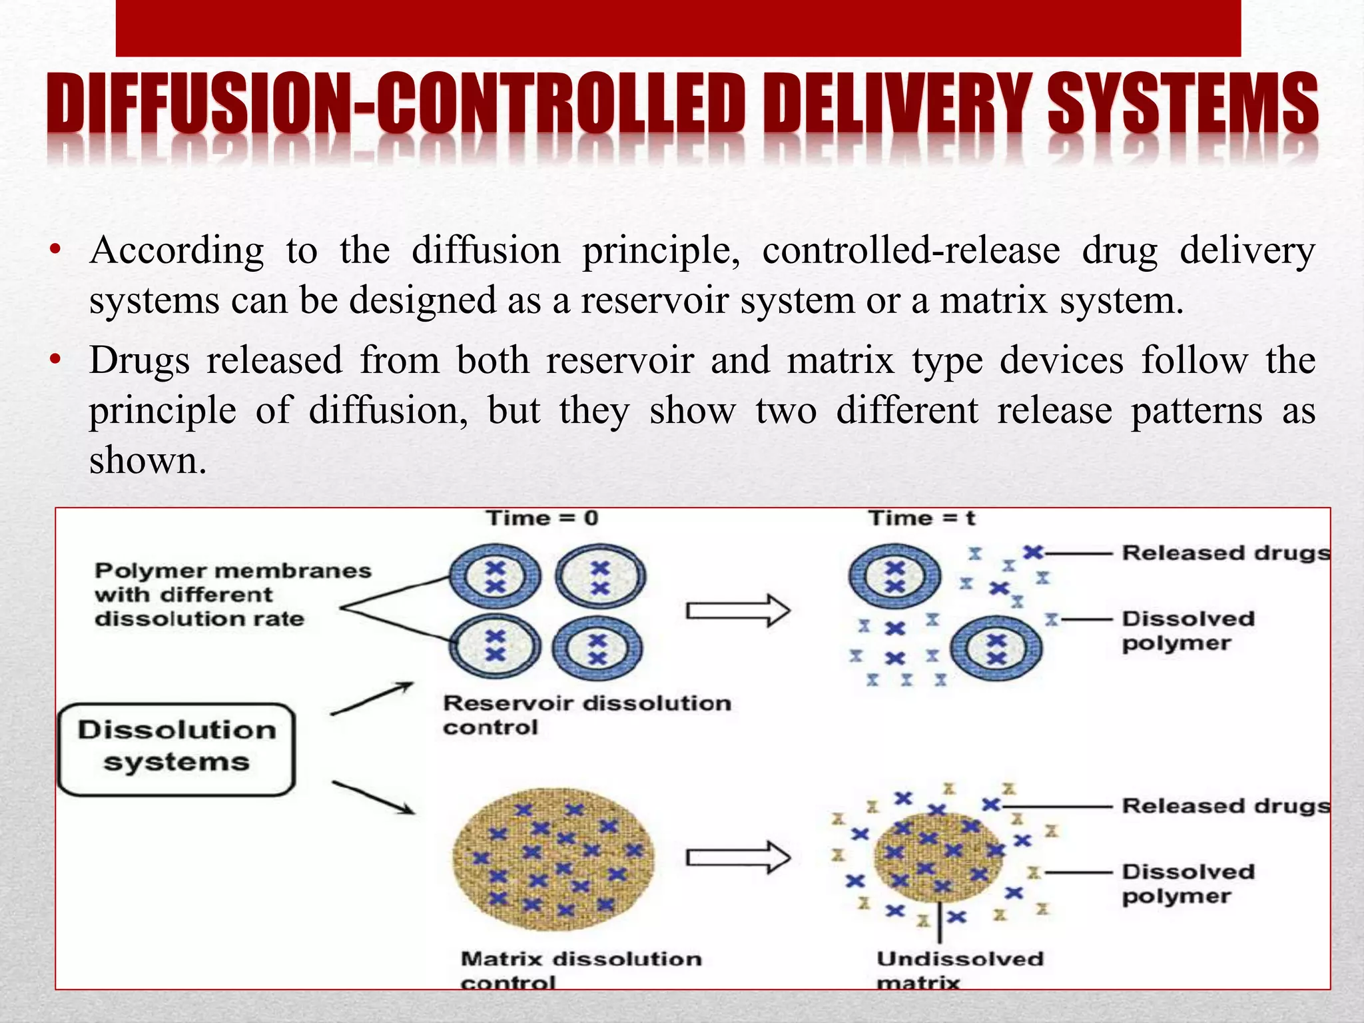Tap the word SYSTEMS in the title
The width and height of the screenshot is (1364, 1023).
point(1183,105)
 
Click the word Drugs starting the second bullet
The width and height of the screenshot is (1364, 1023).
point(139,361)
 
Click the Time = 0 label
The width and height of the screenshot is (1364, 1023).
point(542,518)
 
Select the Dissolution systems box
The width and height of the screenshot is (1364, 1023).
point(176,749)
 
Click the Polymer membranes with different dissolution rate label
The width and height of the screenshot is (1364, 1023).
point(232,595)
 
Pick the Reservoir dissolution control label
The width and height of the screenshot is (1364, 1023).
point(587,715)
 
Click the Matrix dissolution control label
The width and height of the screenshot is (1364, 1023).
point(580,970)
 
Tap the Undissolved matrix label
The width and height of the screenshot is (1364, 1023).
point(959,970)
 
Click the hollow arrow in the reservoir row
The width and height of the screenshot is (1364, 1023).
point(738,610)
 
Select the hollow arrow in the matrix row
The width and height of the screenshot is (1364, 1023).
point(738,857)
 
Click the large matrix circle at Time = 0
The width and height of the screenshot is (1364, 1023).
point(553,858)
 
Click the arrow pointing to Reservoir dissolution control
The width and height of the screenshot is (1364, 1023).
point(372,699)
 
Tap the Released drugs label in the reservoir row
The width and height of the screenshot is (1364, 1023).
point(1225,553)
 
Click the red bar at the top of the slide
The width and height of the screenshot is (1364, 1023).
point(678,28)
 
